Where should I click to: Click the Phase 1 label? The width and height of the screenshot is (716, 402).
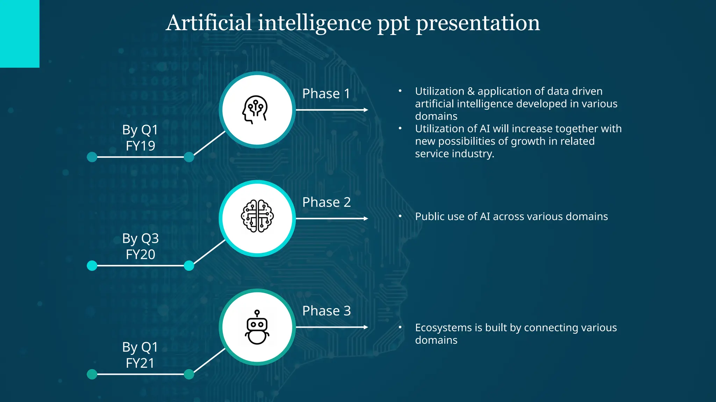point(326,94)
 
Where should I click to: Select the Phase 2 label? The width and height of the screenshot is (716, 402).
point(326,202)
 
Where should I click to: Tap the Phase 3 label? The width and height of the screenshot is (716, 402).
point(326,311)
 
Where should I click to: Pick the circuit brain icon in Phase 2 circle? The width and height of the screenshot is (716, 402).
point(257,216)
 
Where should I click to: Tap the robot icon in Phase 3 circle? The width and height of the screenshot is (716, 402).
point(257,327)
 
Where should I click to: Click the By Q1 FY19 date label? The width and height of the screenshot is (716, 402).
point(140,137)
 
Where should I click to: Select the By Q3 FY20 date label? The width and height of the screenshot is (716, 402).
point(140,246)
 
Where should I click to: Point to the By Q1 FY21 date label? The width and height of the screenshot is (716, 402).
point(140,355)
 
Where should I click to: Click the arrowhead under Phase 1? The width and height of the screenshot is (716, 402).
point(366,110)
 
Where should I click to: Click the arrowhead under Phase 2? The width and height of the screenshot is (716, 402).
point(366,218)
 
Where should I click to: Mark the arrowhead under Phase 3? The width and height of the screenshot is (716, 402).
point(366,327)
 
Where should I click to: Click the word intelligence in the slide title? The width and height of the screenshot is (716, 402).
point(315,23)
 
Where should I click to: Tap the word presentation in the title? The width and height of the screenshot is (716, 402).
point(478,23)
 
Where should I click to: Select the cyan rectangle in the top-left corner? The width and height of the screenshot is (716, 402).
point(20,33)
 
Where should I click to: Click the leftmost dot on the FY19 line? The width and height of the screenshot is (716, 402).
point(92,157)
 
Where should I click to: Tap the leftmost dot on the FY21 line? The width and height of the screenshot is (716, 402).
point(92,374)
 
